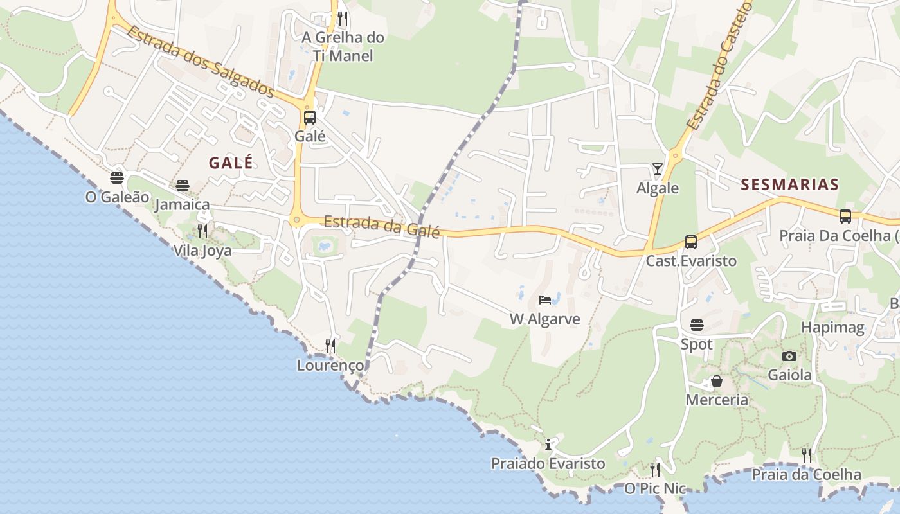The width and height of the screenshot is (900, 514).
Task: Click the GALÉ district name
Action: [x=231, y=163]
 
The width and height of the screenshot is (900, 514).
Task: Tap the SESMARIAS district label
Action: [x=789, y=185]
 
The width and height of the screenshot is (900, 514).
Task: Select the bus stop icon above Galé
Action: [x=310, y=118]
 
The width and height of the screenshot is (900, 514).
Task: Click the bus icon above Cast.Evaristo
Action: [x=691, y=242]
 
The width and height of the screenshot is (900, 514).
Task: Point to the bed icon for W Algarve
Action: [x=545, y=300]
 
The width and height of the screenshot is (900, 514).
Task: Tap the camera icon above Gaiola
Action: [x=789, y=356]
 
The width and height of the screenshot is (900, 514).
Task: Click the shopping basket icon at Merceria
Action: [x=717, y=382]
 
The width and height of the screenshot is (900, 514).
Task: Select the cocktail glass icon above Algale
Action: [x=657, y=169]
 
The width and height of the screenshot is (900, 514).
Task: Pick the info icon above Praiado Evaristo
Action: [x=548, y=445]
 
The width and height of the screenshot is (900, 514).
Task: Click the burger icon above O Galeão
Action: [x=117, y=178]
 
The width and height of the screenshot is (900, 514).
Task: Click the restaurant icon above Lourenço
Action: [x=330, y=346]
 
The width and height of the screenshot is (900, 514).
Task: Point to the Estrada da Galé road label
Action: [x=382, y=226]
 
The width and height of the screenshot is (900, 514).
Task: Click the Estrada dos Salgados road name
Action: [x=201, y=61]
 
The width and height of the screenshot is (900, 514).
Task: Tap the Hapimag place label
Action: [x=833, y=327]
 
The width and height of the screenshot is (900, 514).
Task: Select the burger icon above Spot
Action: [x=697, y=325]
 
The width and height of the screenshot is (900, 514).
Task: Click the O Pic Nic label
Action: [x=655, y=489]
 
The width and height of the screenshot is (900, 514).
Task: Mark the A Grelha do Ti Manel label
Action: [x=343, y=46]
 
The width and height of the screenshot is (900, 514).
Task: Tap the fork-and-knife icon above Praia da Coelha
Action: [x=807, y=456]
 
